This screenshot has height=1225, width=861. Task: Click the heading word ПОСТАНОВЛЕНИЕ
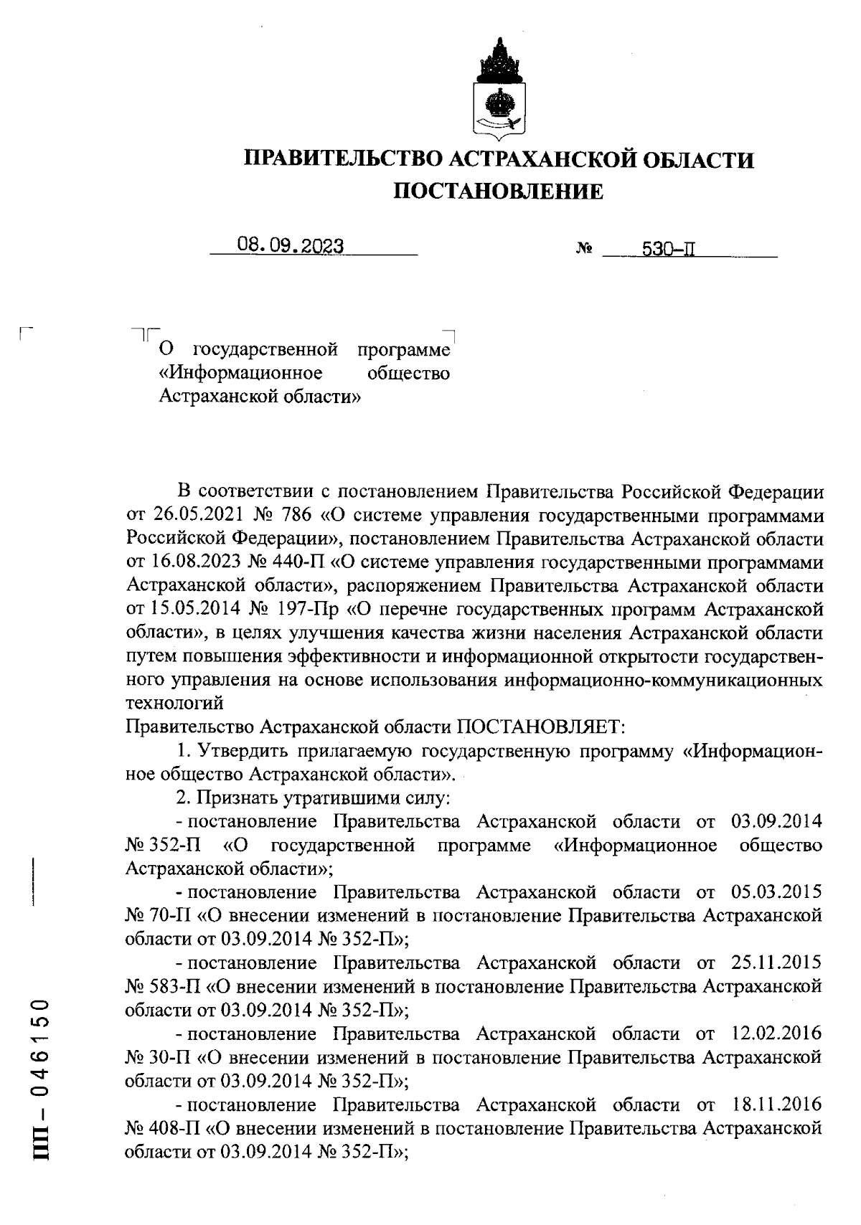click(500, 191)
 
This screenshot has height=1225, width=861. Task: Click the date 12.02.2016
click(776, 1034)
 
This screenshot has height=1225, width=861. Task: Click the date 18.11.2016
click(776, 1105)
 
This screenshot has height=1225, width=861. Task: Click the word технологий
click(175, 704)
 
